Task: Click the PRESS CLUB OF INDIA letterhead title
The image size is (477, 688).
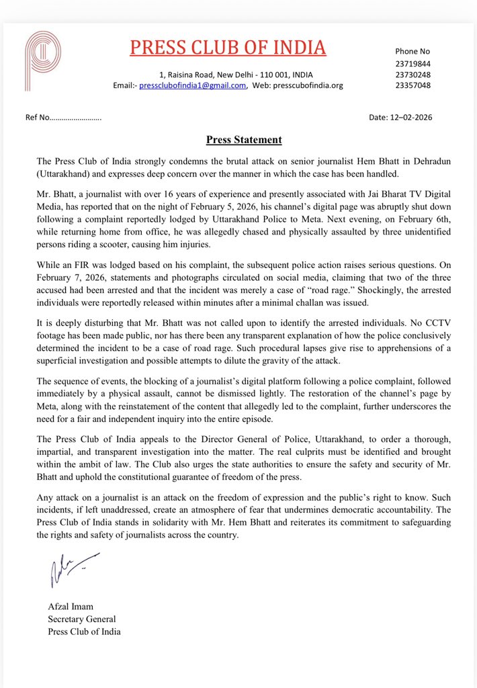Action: pos(227,47)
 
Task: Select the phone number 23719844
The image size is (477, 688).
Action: pos(413,64)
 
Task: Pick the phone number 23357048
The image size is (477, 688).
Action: pos(413,85)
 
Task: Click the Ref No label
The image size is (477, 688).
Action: pos(38,118)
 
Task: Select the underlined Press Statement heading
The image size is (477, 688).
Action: pos(243,140)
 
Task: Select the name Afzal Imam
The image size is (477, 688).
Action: pos(70,607)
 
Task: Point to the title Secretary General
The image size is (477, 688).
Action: pos(81,619)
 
